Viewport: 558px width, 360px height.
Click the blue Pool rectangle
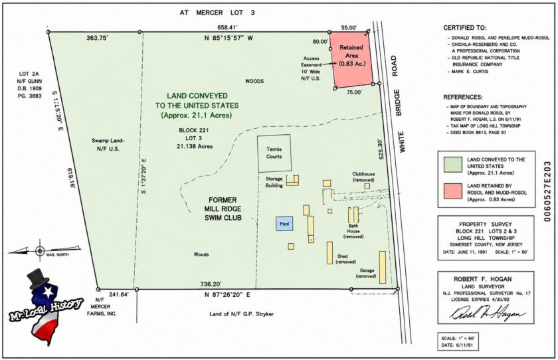coord(284,224)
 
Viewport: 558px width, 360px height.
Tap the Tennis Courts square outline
coord(274,135)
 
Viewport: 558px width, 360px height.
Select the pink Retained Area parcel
coord(351,59)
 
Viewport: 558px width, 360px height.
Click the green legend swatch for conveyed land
coord(453,165)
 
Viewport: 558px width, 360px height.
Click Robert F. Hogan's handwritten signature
coord(487,314)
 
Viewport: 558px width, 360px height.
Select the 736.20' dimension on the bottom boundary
coord(211,284)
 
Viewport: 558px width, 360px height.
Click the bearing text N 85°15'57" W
coord(228,38)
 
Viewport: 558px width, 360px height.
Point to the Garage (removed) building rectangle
coord(383,267)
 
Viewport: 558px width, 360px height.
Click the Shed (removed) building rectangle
coord(330,253)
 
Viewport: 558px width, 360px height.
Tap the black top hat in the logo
coord(39,278)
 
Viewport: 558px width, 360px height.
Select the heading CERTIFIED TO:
coord(464,28)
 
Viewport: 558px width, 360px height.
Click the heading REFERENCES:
coord(462,97)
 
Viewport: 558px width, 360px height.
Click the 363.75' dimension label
coord(97,39)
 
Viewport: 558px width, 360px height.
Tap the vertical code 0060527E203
coord(547,191)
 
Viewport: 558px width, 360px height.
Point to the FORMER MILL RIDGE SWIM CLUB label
coord(223,209)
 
